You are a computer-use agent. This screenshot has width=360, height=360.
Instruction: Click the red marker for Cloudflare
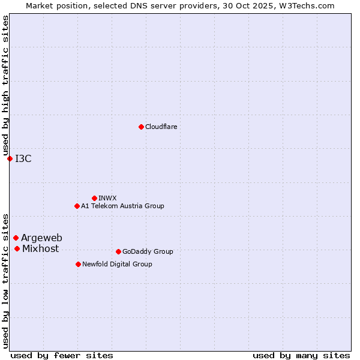[141, 127]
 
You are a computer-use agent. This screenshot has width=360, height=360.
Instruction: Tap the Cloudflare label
[161, 127]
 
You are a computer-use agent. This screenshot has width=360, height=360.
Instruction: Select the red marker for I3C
[10, 158]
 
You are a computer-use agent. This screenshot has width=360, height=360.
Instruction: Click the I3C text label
[23, 159]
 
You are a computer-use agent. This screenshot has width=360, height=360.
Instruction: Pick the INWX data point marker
[94, 198]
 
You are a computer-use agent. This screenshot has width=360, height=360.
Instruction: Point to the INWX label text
[107, 199]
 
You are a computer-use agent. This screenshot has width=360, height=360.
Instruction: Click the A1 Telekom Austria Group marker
[77, 206]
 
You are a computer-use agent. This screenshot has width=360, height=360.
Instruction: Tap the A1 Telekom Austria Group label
[122, 206]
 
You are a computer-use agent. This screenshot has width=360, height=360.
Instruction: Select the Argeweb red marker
[16, 238]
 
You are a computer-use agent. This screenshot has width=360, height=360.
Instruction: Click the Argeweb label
[41, 238]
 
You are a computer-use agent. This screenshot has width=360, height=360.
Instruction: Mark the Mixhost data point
[17, 248]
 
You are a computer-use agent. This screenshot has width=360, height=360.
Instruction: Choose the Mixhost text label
[40, 249]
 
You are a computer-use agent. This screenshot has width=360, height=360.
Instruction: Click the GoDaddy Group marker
[118, 251]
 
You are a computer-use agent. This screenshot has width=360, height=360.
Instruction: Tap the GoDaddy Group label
[148, 252]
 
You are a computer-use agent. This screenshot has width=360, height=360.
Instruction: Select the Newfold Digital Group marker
[78, 264]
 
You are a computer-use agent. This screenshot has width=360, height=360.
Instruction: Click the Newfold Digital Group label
[117, 265]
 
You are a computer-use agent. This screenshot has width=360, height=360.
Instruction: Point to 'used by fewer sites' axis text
[62, 355]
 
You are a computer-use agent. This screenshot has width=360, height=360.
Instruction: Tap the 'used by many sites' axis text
[301, 355]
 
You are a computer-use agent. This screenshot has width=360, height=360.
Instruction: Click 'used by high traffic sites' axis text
[6, 85]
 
